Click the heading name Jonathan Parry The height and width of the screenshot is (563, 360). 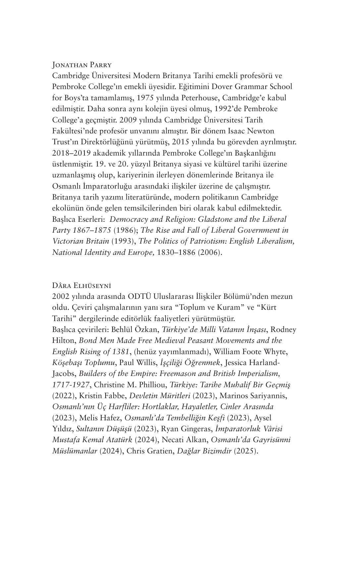click(82, 65)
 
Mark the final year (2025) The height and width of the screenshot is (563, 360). click(246, 451)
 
